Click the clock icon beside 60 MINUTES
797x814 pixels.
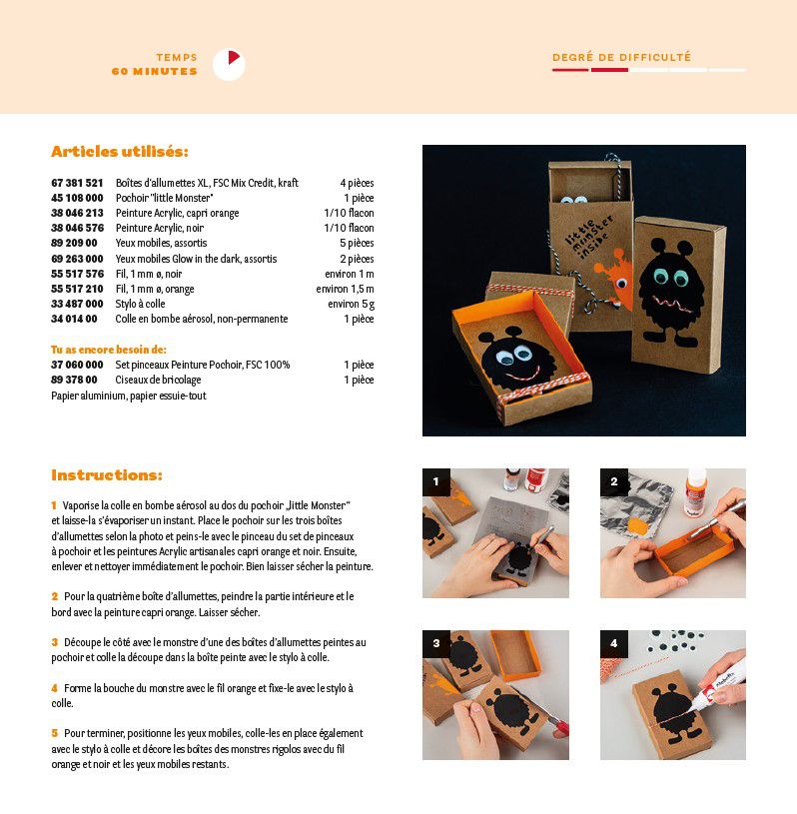pos(229,64)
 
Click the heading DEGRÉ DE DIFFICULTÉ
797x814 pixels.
pos(621,57)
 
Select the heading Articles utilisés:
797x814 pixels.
pos(120,152)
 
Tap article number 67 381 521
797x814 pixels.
pos(77,183)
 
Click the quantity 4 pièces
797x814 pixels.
pos(357,183)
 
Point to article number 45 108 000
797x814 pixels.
pos(77,198)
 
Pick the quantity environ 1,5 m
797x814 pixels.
pos(345,289)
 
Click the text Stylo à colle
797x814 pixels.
pos(140,304)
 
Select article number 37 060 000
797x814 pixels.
pos(77,365)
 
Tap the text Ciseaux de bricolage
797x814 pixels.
pos(158,380)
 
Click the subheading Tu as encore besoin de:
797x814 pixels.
pos(109,350)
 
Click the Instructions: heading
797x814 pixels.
pos(107,475)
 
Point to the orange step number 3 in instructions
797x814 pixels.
pos(55,642)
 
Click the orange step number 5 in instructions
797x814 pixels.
pos(55,733)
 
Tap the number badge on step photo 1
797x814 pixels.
pos(436,481)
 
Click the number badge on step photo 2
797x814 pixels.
pos(613,481)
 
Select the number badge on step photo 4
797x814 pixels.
pos(613,644)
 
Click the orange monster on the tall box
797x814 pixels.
pos(615,280)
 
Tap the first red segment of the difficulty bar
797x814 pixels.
pos(570,70)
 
